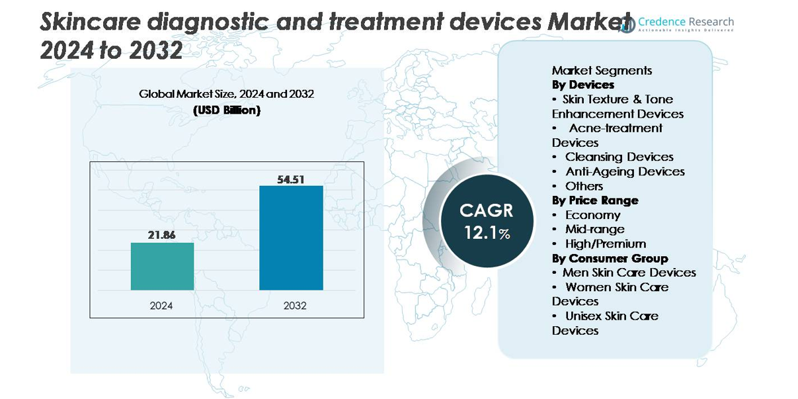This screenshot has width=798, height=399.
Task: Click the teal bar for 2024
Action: [162, 266]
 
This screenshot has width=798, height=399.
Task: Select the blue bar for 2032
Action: [291, 238]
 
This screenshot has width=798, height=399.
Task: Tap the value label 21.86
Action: [162, 234]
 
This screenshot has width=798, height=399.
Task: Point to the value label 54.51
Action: [291, 178]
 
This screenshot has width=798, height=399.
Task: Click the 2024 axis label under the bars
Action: [162, 306]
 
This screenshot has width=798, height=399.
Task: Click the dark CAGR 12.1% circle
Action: [487, 220]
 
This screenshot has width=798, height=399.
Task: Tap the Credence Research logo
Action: [676, 24]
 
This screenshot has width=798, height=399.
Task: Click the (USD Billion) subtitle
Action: [227, 111]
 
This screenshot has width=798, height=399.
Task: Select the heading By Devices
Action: [582, 85]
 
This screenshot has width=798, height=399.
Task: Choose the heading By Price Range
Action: [595, 200]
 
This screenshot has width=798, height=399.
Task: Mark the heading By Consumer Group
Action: [610, 258]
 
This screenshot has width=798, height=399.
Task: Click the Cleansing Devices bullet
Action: [619, 157]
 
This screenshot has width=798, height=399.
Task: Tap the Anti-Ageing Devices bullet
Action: [625, 171]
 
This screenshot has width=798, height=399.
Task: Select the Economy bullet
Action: [592, 215]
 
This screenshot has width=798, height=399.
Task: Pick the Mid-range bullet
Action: [594, 229]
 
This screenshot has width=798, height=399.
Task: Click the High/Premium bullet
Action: [605, 244]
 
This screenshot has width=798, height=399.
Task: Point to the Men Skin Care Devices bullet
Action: [629, 273]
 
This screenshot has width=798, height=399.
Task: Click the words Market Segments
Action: [602, 70]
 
